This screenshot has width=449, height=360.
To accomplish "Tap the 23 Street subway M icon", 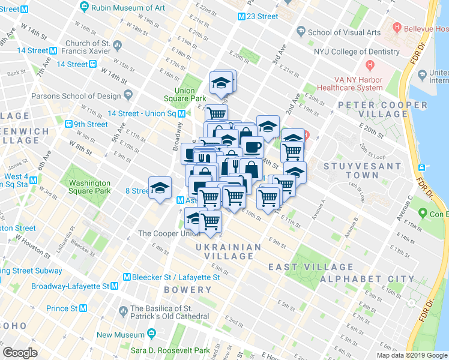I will (x=241, y=17).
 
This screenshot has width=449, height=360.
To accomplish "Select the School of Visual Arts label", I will (x=345, y=32).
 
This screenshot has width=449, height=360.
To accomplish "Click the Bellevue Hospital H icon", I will (x=396, y=28).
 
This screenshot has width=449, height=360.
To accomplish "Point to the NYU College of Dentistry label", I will (x=357, y=52).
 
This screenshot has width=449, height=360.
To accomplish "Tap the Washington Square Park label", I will (x=90, y=187).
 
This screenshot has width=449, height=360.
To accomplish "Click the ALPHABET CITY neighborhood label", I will (x=367, y=279).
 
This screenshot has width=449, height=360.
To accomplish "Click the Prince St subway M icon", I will (x=84, y=308).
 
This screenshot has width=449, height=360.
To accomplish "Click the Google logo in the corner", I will (x=20, y=352).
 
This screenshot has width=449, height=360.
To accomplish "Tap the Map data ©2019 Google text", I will (x=411, y=355).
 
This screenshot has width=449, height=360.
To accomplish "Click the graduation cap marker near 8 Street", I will (x=160, y=188).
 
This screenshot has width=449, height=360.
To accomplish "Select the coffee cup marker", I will (x=252, y=146).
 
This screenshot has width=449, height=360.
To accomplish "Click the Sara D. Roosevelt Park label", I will (x=171, y=350).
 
